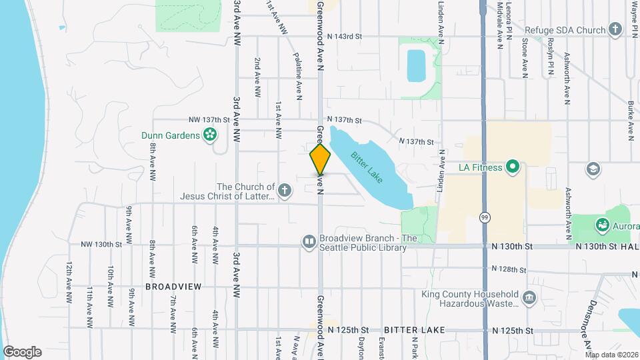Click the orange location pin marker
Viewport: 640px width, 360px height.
click(x=320, y=159)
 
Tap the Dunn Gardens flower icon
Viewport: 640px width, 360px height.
click(x=210, y=135)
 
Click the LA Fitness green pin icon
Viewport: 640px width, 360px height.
click(x=512, y=167)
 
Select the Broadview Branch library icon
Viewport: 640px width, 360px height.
click(x=309, y=242)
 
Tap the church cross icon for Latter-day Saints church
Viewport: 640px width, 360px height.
click(x=285, y=191)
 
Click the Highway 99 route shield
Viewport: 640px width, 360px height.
click(x=484, y=217)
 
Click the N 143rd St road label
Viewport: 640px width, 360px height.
click(x=344, y=36)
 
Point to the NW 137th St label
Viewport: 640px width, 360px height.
click(x=209, y=120)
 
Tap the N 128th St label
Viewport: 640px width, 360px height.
click(x=509, y=269)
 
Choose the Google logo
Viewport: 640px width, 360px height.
click(x=22, y=352)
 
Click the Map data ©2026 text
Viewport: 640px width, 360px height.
click(x=611, y=355)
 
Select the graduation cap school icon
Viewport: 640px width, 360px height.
click(x=592, y=168)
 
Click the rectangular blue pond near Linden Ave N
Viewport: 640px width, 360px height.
click(x=417, y=65)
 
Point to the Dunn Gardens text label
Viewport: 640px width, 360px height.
click(x=171, y=135)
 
